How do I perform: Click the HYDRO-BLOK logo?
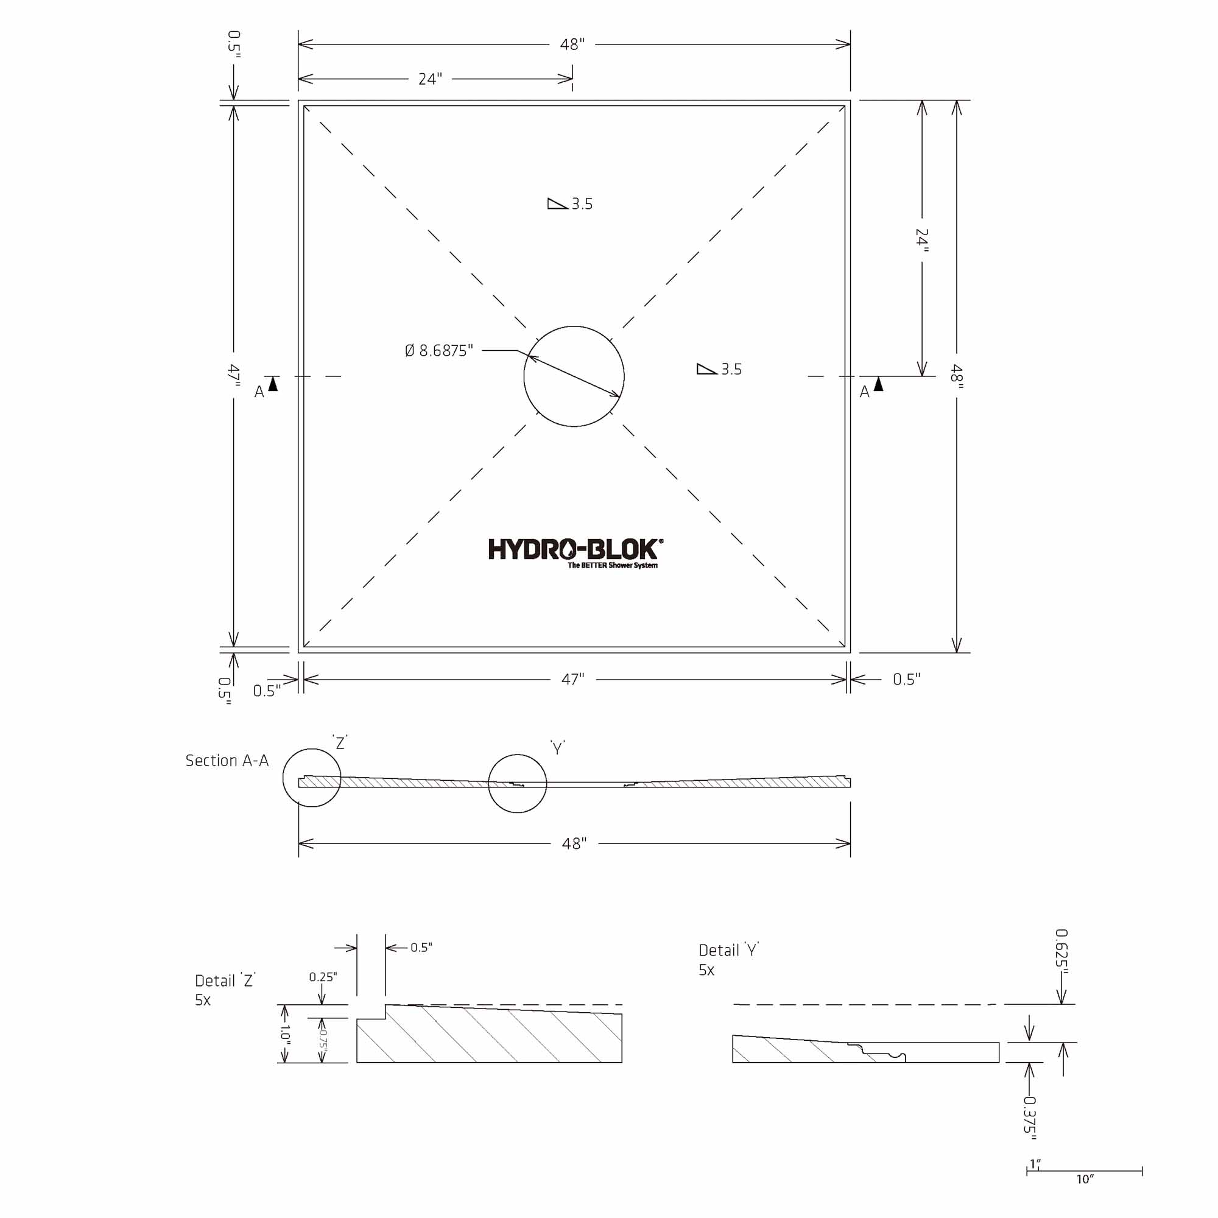tap(575, 553)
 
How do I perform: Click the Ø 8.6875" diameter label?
tap(438, 351)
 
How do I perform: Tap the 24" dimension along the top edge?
tap(431, 79)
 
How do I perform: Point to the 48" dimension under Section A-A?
tap(574, 843)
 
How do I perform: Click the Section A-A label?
tap(227, 760)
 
